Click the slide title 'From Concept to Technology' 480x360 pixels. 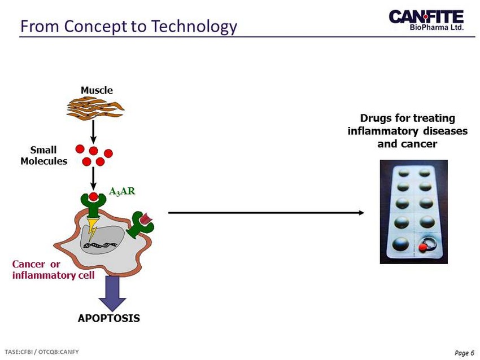[x=128, y=26]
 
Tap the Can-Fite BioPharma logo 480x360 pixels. [x=426, y=21]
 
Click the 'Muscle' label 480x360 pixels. [x=97, y=90]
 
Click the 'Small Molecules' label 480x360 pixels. [x=44, y=156]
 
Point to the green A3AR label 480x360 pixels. [x=122, y=191]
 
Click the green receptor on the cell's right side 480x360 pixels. [x=140, y=224]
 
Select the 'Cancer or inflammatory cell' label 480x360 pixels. [x=53, y=270]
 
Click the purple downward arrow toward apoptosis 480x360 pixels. [x=112, y=291]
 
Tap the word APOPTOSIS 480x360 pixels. [x=108, y=318]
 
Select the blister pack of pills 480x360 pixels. [x=413, y=212]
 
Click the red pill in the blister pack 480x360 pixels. [x=422, y=247]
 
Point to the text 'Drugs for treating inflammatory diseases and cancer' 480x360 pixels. [x=407, y=131]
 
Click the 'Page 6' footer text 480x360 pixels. [x=464, y=353]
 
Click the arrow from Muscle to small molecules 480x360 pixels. [x=94, y=131]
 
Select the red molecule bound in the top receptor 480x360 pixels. [x=93, y=197]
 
